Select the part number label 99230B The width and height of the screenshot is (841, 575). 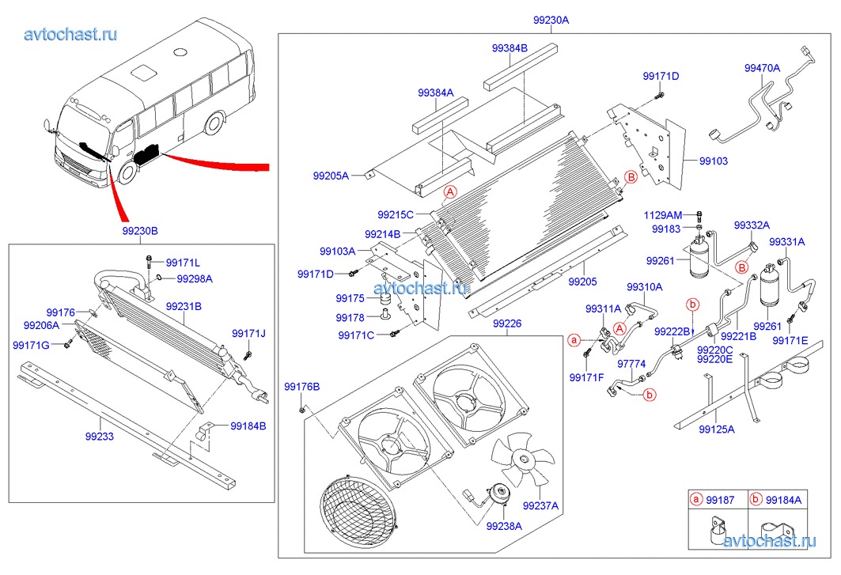point(140,231)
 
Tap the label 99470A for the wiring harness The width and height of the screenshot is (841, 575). point(762,69)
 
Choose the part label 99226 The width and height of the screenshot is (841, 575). point(506,323)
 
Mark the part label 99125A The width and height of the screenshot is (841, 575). point(717,429)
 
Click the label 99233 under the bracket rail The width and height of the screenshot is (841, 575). point(100,435)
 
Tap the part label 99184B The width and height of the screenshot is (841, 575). point(248,426)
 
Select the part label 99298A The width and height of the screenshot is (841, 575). point(194,278)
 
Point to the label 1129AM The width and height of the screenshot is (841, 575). point(662,215)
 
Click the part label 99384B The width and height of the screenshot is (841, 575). point(510,48)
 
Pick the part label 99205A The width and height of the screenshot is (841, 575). point(330,176)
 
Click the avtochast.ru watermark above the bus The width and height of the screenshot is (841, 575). point(71,34)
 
